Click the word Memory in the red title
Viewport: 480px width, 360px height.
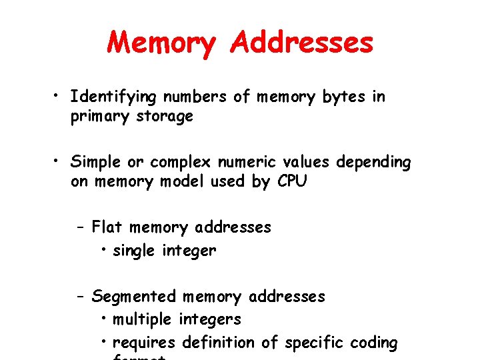click(x=161, y=43)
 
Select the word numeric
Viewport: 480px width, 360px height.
click(x=251, y=162)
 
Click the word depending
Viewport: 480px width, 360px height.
click(x=374, y=162)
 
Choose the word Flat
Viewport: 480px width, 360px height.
click(x=107, y=227)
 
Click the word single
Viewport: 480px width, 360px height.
click(x=136, y=251)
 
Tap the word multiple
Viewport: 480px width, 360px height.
click(x=143, y=319)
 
